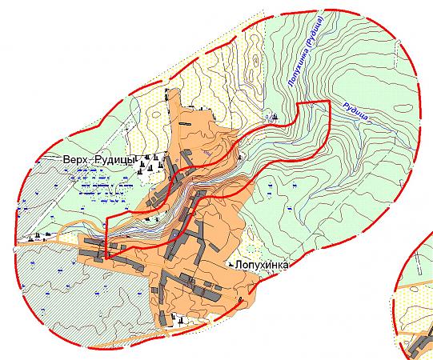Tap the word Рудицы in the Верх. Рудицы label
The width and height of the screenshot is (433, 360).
point(117,159)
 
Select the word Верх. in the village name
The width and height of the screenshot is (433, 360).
point(76,159)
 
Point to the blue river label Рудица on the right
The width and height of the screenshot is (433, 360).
point(355,110)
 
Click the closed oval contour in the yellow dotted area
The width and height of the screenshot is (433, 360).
point(255,59)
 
